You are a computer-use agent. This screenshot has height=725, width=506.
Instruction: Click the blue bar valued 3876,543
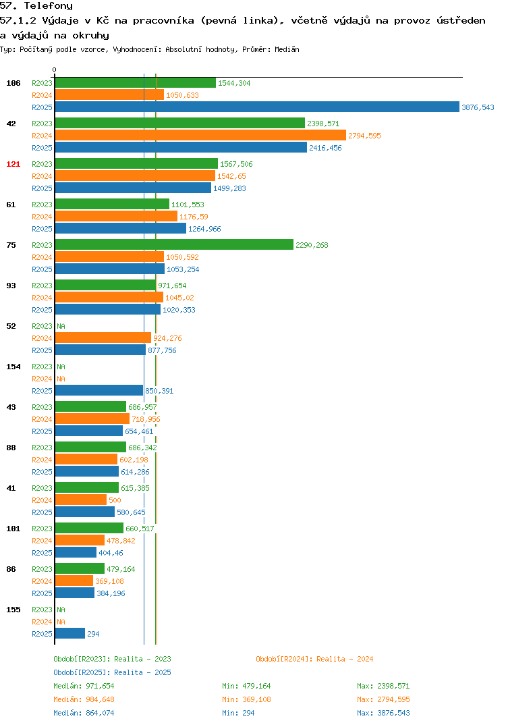tap(258, 107)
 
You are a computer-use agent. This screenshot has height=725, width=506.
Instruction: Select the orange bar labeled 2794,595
tap(200, 136)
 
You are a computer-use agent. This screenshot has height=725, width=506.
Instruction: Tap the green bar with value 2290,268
tap(174, 244)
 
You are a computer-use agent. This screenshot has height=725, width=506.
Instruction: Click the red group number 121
tap(13, 164)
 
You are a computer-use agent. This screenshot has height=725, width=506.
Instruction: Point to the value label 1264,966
tap(204, 229)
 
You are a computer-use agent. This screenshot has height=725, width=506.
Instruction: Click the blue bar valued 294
tap(70, 633)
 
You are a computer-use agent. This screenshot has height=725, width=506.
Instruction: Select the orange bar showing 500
tap(81, 500)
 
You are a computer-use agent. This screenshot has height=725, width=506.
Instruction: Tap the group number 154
tap(13, 367)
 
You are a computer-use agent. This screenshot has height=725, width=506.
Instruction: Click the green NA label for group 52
tap(61, 326)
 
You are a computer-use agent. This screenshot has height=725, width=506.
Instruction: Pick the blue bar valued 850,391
tap(99, 390)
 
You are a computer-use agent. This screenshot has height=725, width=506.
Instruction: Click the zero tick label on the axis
tap(55, 70)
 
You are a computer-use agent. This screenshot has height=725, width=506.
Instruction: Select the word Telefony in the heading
tap(49, 5)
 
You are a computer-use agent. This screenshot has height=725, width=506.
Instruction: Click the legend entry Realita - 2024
tap(314, 659)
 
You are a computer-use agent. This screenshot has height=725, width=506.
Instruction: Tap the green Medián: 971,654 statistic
tap(84, 686)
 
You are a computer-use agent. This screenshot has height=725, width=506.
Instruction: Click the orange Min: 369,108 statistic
tap(246, 699)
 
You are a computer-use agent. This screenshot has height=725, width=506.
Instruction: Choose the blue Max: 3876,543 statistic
tap(383, 713)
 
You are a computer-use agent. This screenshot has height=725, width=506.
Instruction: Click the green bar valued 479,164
tap(80, 568)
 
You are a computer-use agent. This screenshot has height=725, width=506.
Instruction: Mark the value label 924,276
tap(168, 338)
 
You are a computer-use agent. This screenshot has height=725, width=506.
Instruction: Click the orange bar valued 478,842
tap(80, 540)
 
